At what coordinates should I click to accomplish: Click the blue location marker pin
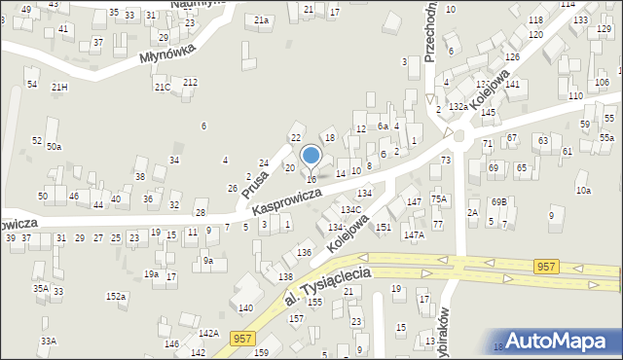click(311, 156)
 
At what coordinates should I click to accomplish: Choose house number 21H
click(60, 88)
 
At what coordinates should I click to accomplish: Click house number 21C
click(162, 88)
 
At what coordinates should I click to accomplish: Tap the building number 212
click(191, 82)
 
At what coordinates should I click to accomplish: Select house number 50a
click(54, 147)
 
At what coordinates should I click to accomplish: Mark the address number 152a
click(116, 296)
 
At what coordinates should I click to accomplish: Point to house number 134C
click(351, 210)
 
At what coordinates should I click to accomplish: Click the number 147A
click(415, 235)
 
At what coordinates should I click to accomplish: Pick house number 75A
click(439, 199)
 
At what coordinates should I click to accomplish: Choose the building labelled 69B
click(499, 201)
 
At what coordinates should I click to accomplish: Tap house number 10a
click(583, 191)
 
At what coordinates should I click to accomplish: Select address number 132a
click(458, 107)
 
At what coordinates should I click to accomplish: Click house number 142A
click(207, 334)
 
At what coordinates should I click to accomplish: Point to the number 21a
click(261, 19)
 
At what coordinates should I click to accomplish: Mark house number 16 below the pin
click(311, 180)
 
